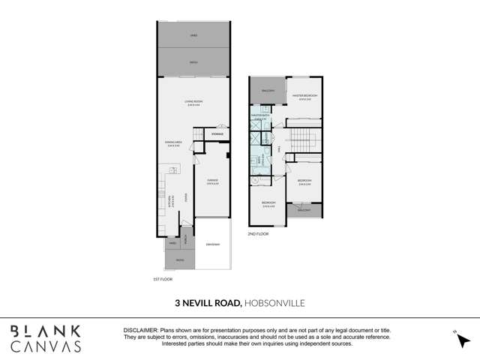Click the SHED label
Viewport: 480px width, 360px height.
point(194,34)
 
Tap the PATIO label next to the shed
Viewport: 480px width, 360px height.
point(194,62)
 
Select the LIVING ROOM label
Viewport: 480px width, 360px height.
point(194,102)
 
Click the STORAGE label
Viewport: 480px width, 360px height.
point(217,134)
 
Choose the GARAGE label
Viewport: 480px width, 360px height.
point(212,181)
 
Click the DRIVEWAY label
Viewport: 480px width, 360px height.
point(212,244)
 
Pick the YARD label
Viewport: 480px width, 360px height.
point(172,244)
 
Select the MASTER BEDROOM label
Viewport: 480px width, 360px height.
point(305,96)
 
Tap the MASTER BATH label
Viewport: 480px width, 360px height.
point(261,115)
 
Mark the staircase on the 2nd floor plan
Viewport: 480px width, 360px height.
point(304,138)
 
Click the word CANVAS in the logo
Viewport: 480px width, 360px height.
point(46,346)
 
